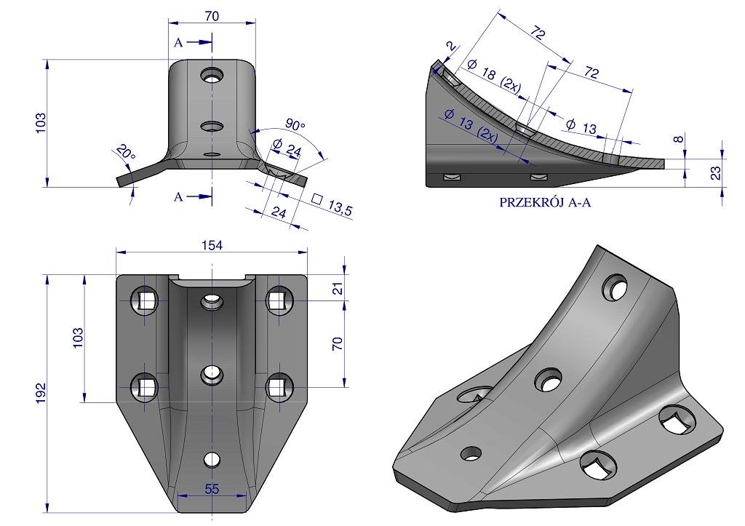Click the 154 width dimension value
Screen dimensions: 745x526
[212, 245]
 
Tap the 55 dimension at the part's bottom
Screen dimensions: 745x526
[212, 488]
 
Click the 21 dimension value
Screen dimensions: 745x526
[338, 288]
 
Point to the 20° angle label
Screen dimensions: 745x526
[125, 152]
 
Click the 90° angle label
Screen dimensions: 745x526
[295, 125]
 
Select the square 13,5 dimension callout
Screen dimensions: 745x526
[332, 204]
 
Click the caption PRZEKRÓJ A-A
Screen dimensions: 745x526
[545, 202]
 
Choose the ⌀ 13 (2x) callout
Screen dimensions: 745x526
[471, 125]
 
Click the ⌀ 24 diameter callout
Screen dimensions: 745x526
[287, 148]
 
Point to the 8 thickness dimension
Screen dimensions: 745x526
[679, 139]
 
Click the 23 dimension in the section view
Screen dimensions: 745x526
[716, 172]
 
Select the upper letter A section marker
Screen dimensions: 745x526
[178, 43]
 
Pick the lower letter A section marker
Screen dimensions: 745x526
[178, 196]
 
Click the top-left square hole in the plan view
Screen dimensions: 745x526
[145, 300]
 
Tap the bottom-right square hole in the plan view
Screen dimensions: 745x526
[279, 387]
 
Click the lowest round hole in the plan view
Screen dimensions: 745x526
[212, 460]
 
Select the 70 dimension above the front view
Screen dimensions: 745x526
[212, 16]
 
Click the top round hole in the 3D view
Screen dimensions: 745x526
[615, 287]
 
